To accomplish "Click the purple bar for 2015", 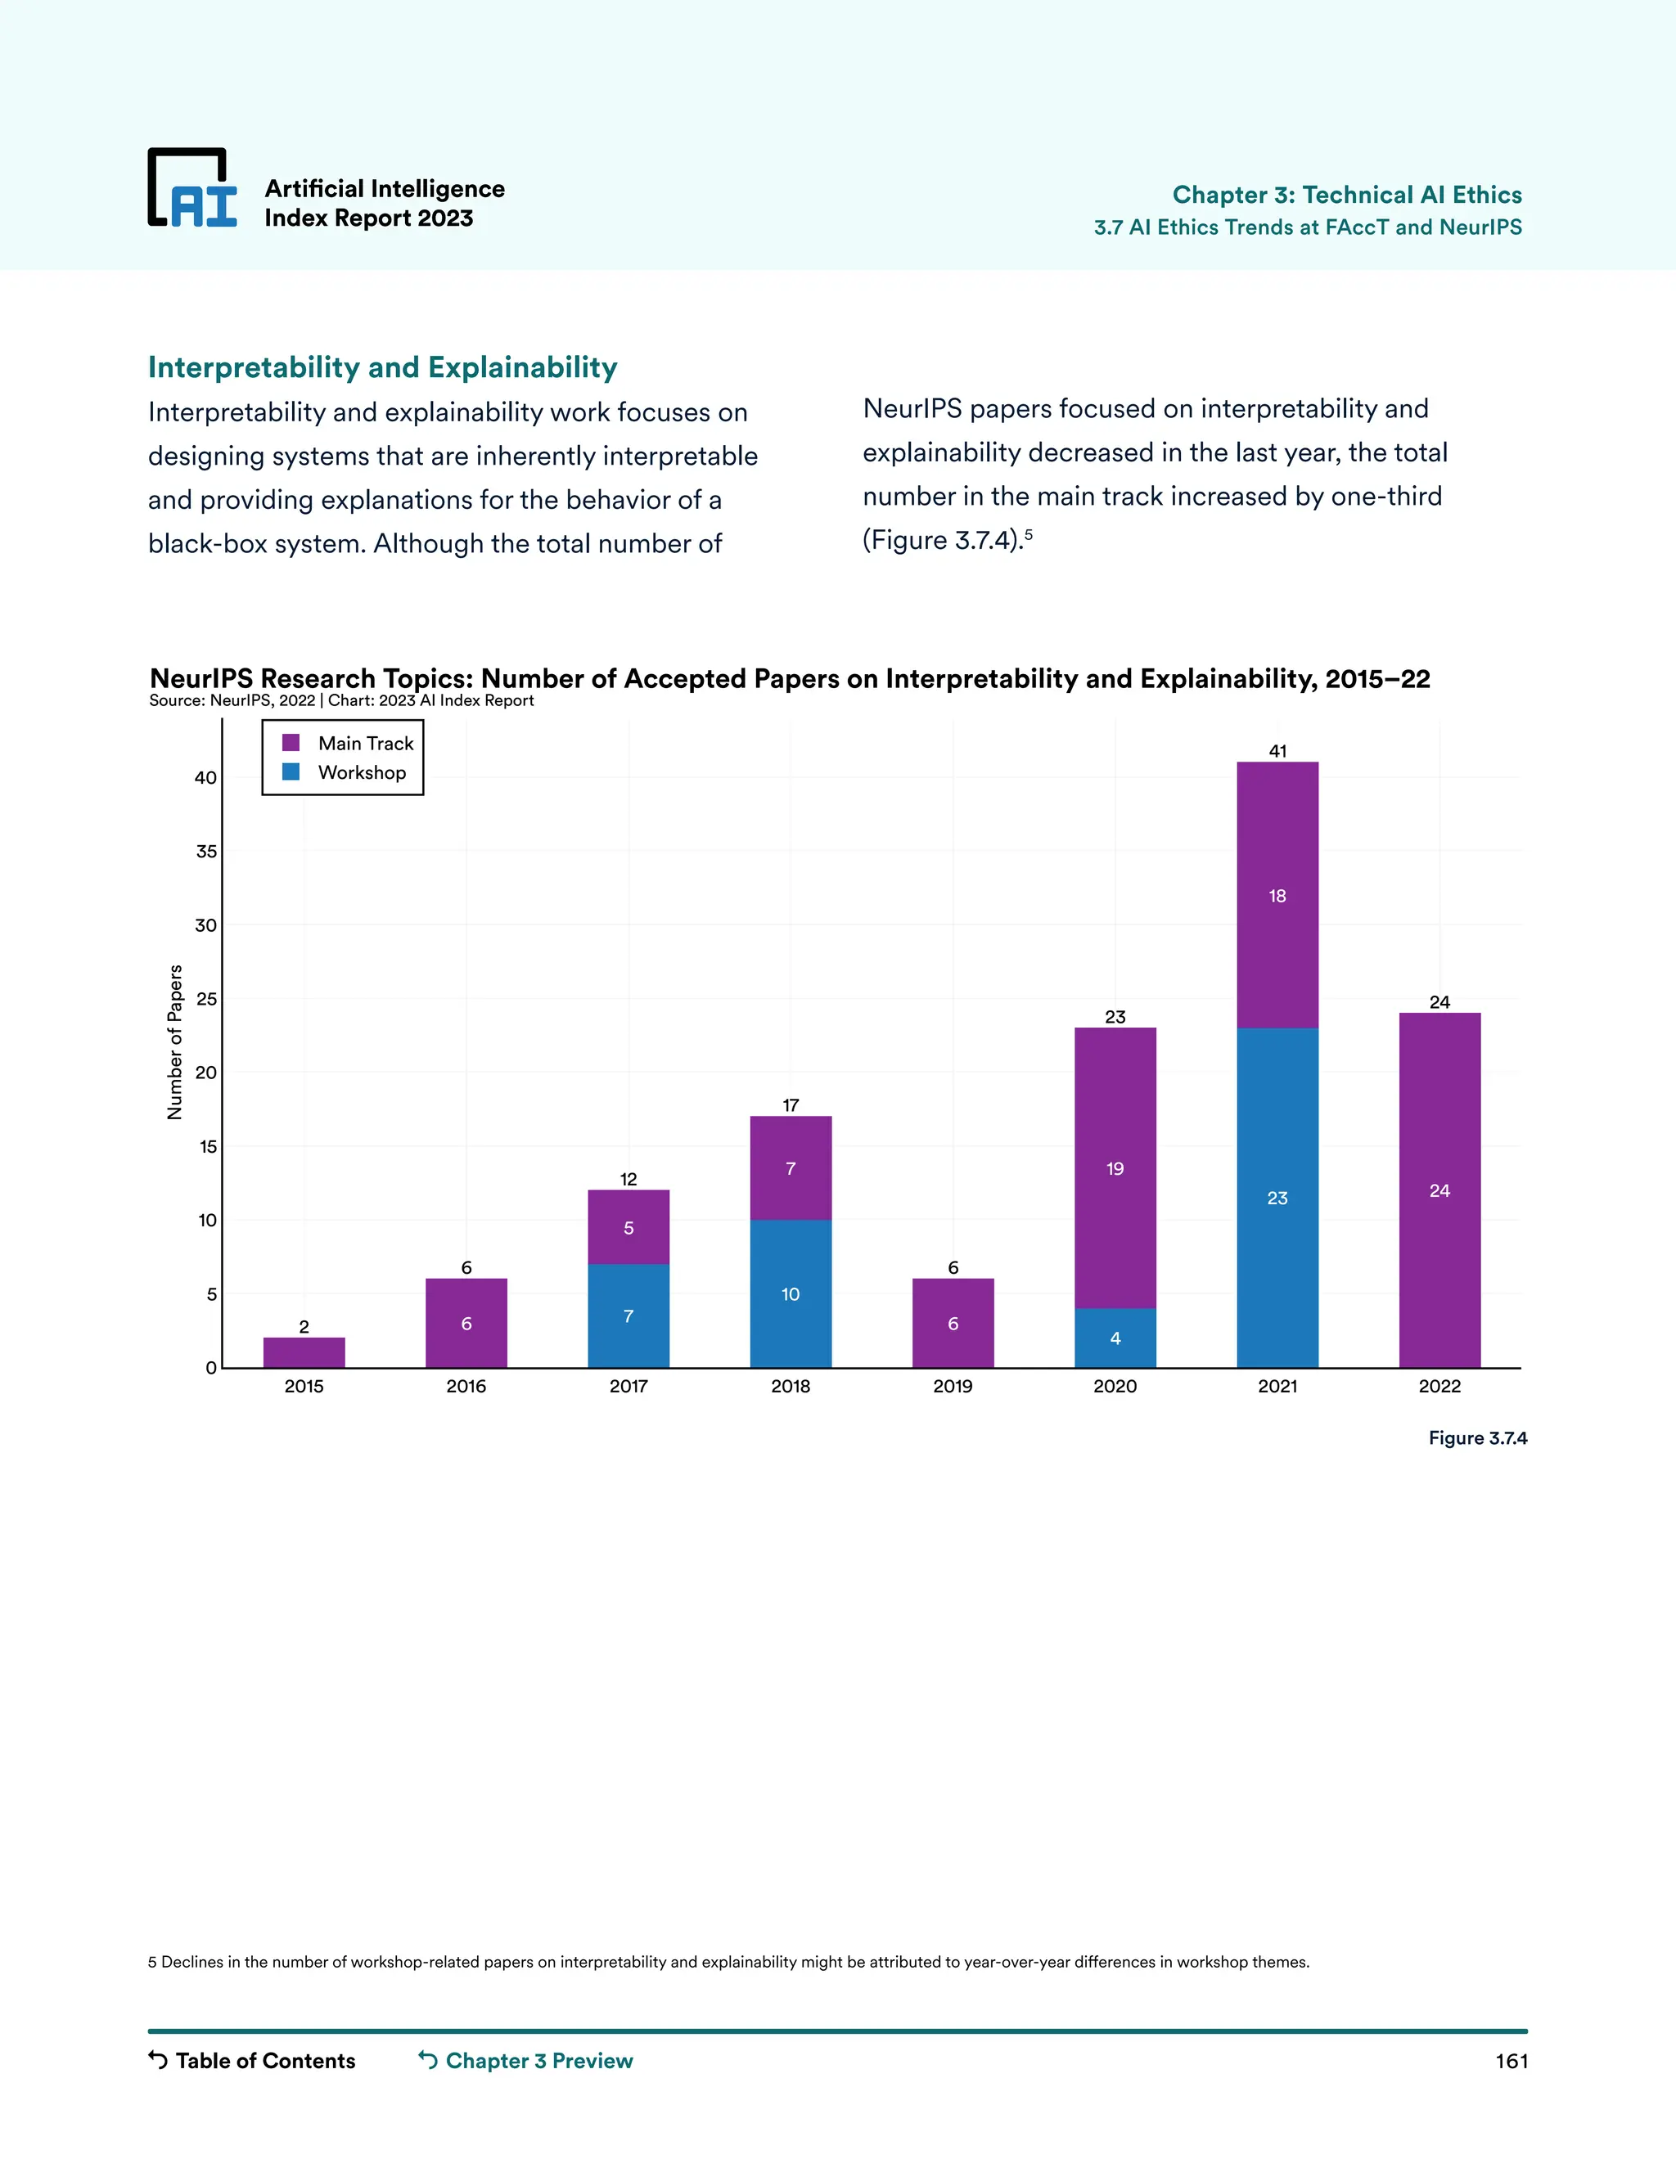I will (304, 1352).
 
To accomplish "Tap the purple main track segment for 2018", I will (791, 1167).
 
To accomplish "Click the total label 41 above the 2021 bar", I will (1277, 752).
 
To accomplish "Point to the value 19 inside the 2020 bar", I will (1115, 1168).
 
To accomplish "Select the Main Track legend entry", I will (348, 744).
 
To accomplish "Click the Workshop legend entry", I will (344, 772).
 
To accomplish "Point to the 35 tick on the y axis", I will (205, 852).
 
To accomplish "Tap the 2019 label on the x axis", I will (953, 1386).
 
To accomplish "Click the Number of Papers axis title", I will (175, 1042).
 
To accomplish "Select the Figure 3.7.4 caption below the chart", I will (1477, 1437).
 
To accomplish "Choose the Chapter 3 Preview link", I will (526, 2061).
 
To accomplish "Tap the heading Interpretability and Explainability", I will (382, 367).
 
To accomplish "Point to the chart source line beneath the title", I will (341, 701).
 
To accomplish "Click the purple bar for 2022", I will (1439, 1190).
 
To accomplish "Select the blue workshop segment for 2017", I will (628, 1316).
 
